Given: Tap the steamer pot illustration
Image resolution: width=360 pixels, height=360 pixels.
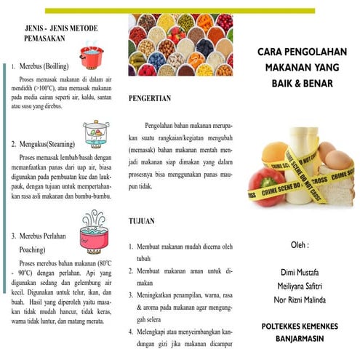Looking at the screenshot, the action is (93, 134).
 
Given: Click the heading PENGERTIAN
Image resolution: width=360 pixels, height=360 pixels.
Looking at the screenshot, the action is (150, 97).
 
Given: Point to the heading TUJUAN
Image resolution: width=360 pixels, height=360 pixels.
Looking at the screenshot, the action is (141, 220).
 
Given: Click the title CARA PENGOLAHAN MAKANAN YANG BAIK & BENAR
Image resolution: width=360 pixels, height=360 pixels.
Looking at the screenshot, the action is (295, 67).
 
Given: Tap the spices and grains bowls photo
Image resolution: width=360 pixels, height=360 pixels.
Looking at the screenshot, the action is (180, 45).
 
